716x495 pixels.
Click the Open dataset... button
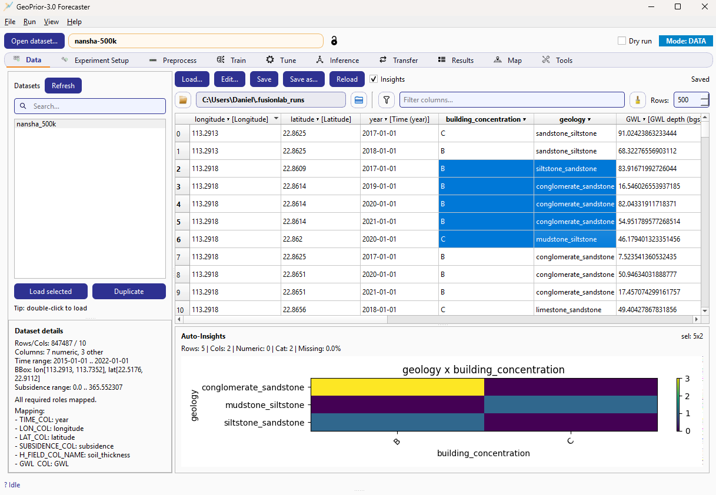[34, 41]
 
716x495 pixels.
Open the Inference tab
[337, 60]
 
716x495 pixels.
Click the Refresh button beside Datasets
[63, 86]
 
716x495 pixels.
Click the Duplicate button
[129, 292]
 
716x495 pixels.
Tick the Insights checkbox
[374, 79]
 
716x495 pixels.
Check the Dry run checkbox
[622, 41]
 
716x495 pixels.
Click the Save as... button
[304, 79]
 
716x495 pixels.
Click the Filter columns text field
[512, 100]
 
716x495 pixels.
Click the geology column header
[573, 119]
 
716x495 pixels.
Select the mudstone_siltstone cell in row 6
[566, 239]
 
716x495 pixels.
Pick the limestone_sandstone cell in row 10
[568, 310]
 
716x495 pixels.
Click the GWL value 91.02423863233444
[647, 133]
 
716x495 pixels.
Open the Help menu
[74, 22]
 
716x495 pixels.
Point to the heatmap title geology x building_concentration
[483, 370]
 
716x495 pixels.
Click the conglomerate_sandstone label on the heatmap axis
[253, 387]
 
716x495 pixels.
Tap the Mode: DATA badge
[685, 41]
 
